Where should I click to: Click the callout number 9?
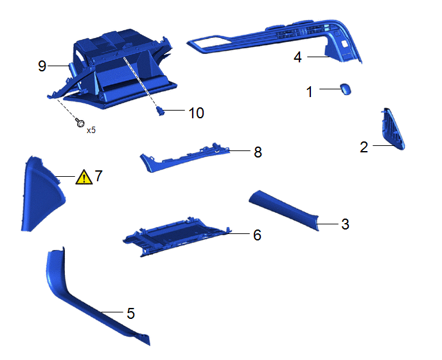42,66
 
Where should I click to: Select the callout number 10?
196,113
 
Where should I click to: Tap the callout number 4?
297,57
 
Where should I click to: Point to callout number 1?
310,92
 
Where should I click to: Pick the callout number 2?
364,147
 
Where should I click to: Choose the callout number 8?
258,152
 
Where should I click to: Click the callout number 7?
98,175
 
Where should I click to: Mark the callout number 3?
346,224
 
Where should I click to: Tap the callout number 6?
258,235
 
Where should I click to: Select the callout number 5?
130,313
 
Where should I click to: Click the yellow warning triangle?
84,177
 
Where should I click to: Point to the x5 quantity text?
91,130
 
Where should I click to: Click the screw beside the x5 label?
80,122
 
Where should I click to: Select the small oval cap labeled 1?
346,89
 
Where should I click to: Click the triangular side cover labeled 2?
394,130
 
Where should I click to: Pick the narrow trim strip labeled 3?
284,210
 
